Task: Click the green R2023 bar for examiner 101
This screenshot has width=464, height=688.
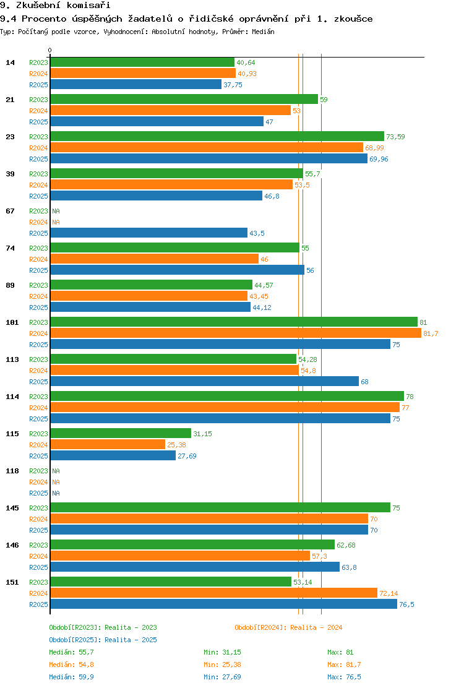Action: (234, 322)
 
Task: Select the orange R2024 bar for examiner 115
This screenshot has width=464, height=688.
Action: (108, 445)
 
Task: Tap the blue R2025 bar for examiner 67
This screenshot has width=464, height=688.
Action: (148, 233)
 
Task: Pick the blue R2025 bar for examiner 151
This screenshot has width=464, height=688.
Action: (224, 604)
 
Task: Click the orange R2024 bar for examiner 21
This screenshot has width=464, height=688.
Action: (171, 111)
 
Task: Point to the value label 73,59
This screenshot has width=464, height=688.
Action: (395, 137)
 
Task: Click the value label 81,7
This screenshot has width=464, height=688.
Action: (431, 333)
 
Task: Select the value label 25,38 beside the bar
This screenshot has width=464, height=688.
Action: (177, 445)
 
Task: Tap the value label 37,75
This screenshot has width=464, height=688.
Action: (233, 85)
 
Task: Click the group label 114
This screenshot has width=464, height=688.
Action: (12, 397)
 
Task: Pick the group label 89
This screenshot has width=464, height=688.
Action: (10, 285)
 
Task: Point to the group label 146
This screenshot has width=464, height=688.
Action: (12, 545)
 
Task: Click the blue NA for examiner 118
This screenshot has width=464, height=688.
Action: (56, 493)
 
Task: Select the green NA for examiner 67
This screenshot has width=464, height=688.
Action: (56, 211)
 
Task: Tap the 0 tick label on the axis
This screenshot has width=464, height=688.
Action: (49, 51)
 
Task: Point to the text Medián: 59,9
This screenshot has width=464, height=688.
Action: (72, 677)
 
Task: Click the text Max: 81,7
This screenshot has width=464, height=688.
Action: (344, 664)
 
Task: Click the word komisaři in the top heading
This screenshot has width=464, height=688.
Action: (88, 6)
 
